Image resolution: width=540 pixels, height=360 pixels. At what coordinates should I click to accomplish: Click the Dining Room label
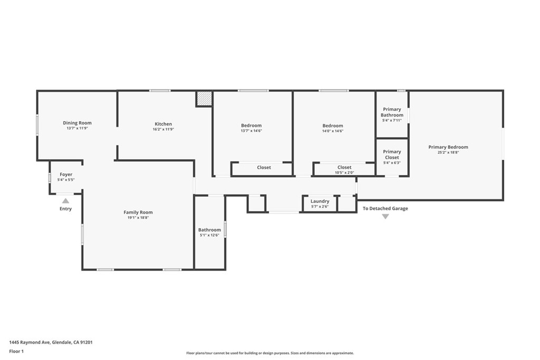(77, 123)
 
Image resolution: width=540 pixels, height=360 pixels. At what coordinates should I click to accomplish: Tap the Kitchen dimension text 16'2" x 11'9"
(163, 130)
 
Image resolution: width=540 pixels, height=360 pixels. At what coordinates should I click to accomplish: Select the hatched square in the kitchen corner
(204, 99)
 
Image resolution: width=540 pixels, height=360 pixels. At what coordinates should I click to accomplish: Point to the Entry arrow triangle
(65, 201)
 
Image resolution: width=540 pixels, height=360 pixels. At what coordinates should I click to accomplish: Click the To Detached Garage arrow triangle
(385, 217)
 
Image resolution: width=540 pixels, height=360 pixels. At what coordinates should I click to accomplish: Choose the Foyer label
(66, 174)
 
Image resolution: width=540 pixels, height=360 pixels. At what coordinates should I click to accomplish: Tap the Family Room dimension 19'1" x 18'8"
(138, 218)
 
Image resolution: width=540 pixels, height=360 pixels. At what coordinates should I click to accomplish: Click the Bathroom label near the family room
(209, 230)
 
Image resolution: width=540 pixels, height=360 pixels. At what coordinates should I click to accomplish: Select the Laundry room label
(320, 201)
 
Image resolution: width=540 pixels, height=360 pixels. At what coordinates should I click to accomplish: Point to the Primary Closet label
(392, 154)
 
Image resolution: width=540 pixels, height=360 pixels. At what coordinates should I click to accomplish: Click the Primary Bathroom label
(392, 112)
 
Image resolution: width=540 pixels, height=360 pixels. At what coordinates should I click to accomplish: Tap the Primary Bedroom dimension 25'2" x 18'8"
(448, 152)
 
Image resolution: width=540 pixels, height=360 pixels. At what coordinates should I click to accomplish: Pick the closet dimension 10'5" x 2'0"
(344, 173)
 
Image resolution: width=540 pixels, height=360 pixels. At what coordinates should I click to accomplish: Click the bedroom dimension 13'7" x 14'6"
(252, 131)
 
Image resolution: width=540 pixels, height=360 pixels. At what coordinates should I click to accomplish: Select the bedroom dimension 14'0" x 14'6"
(333, 131)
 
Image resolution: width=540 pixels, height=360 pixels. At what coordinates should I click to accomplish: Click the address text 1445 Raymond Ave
(30, 343)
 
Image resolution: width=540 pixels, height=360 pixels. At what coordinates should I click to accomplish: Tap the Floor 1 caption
(16, 352)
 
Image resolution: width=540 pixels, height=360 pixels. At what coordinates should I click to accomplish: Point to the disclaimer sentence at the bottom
(270, 353)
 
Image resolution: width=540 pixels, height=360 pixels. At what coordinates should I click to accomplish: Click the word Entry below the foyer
(65, 209)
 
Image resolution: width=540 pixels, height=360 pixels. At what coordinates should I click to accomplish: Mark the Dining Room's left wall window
(37, 125)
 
